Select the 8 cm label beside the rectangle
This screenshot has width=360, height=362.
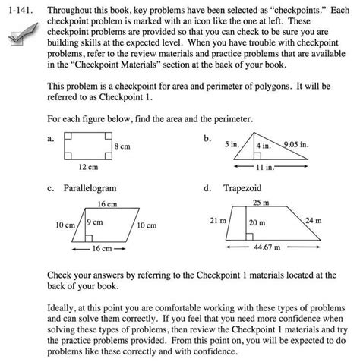click(122, 145)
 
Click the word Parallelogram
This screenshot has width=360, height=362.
click(90, 187)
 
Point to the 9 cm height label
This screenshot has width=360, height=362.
click(95, 222)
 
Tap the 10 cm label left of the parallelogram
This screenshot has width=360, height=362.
click(65, 225)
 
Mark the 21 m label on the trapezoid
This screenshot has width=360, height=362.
click(217, 221)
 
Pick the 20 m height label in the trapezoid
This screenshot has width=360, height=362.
click(257, 223)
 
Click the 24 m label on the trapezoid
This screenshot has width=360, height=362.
click(312, 221)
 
